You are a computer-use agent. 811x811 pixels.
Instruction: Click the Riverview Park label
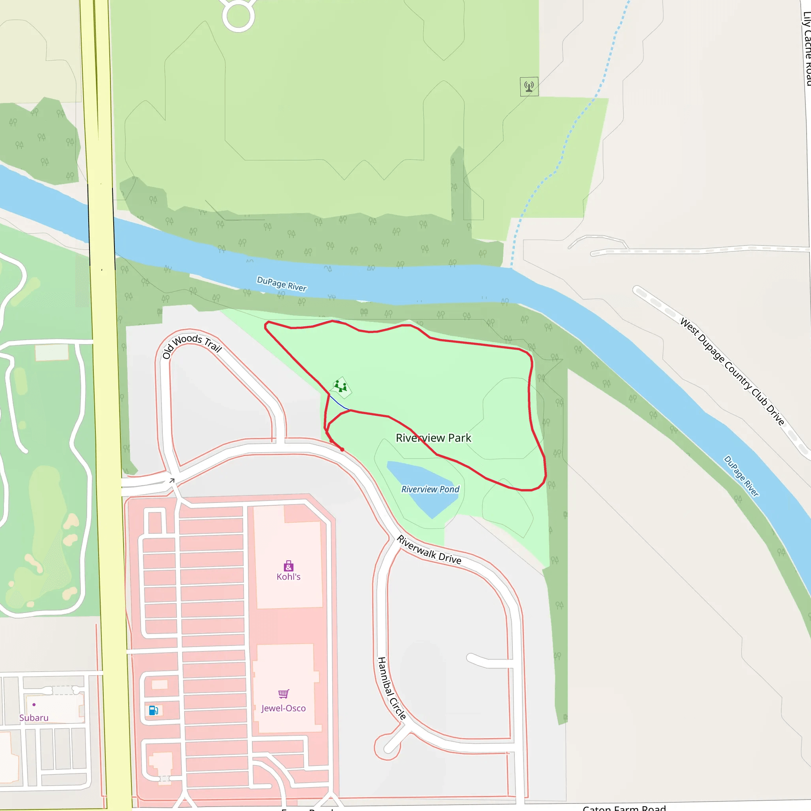click(433, 438)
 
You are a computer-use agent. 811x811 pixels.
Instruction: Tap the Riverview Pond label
click(430, 489)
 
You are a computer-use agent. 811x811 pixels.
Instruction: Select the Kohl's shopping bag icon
click(288, 566)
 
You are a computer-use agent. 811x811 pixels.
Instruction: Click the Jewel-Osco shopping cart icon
click(284, 694)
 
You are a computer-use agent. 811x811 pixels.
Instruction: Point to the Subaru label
click(34, 718)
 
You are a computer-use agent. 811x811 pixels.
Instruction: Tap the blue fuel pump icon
click(153, 710)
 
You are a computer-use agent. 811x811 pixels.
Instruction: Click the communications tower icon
click(529, 86)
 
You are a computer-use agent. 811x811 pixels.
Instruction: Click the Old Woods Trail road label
click(192, 345)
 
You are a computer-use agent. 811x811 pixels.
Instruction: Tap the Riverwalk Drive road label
click(429, 550)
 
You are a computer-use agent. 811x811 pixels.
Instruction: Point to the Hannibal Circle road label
click(392, 688)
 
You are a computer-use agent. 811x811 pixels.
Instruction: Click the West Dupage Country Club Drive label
click(732, 371)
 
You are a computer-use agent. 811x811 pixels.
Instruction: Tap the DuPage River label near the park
click(282, 284)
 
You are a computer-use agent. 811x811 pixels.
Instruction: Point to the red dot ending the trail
click(342, 449)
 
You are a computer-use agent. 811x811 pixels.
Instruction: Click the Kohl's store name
click(288, 577)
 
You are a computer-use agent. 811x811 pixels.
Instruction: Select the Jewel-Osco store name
click(284, 708)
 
